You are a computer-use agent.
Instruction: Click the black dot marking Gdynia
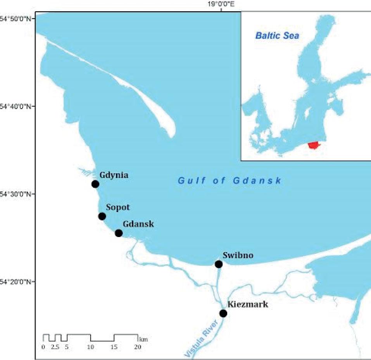(x=95, y=184)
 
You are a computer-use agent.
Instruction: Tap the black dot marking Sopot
(x=102, y=216)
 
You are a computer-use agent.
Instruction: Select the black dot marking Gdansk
(x=119, y=233)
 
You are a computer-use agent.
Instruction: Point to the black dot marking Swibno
(x=219, y=264)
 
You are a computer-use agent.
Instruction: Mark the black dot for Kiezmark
(x=223, y=313)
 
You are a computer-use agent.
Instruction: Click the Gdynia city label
(x=114, y=175)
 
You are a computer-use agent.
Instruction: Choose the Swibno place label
(x=238, y=255)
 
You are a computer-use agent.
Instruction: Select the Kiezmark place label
(x=247, y=305)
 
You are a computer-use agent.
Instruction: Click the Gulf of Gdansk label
(x=230, y=180)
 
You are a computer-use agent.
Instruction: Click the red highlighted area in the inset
(x=314, y=145)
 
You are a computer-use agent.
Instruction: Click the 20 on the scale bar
(x=137, y=347)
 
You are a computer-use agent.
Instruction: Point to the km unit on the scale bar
(x=143, y=339)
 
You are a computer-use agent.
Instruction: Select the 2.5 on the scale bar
(x=55, y=347)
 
